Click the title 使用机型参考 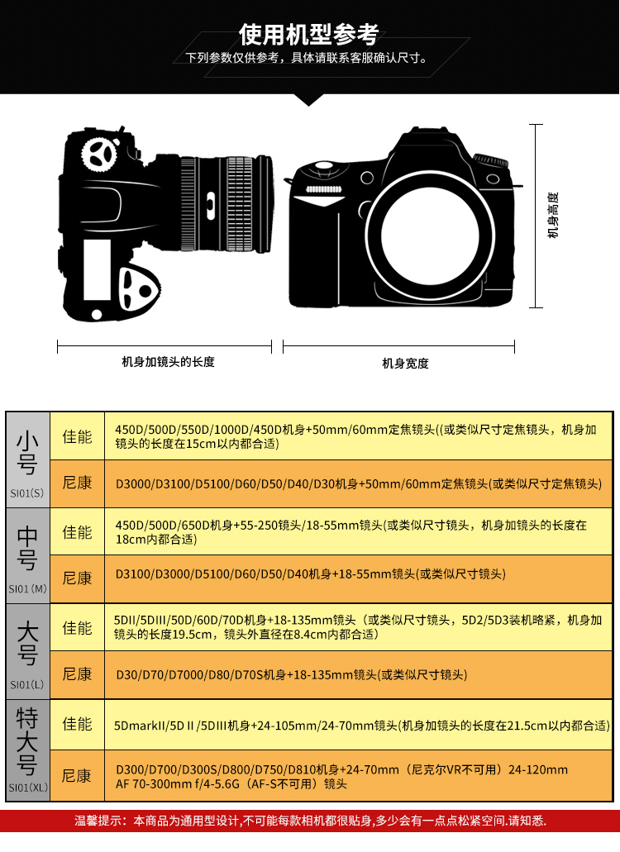[309, 34]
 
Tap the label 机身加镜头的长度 [168, 362]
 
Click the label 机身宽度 [405, 363]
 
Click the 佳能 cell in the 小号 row [77, 436]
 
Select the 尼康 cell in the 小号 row [77, 483]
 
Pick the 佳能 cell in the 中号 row [77, 531]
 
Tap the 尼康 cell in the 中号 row [77, 578]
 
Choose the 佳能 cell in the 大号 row [77, 627]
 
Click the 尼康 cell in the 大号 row [77, 674]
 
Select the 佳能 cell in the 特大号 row [77, 724]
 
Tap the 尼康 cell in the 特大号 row [77, 776]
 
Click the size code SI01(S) [27, 493]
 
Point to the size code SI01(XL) [27, 788]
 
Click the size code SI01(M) [27, 589]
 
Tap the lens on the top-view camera [227, 202]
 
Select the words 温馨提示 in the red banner [99, 821]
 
